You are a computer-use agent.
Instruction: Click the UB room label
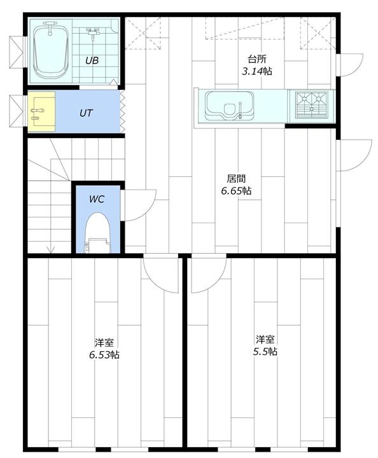click(x=92, y=60)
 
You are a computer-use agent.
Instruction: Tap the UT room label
click(x=86, y=113)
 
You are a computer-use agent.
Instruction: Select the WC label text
click(x=97, y=199)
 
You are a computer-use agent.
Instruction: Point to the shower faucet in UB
click(x=93, y=32)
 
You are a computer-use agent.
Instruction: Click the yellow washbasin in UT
click(x=41, y=111)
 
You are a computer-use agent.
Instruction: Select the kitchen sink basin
click(x=229, y=106)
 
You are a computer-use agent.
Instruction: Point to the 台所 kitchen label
click(x=257, y=59)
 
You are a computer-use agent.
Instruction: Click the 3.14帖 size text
click(x=256, y=71)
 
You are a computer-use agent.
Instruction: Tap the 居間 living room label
click(x=236, y=179)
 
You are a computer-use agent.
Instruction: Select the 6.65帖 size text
click(x=236, y=191)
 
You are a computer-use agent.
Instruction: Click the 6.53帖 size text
click(x=104, y=354)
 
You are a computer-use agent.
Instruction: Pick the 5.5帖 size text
click(x=265, y=351)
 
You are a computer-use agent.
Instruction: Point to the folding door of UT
click(x=123, y=112)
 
